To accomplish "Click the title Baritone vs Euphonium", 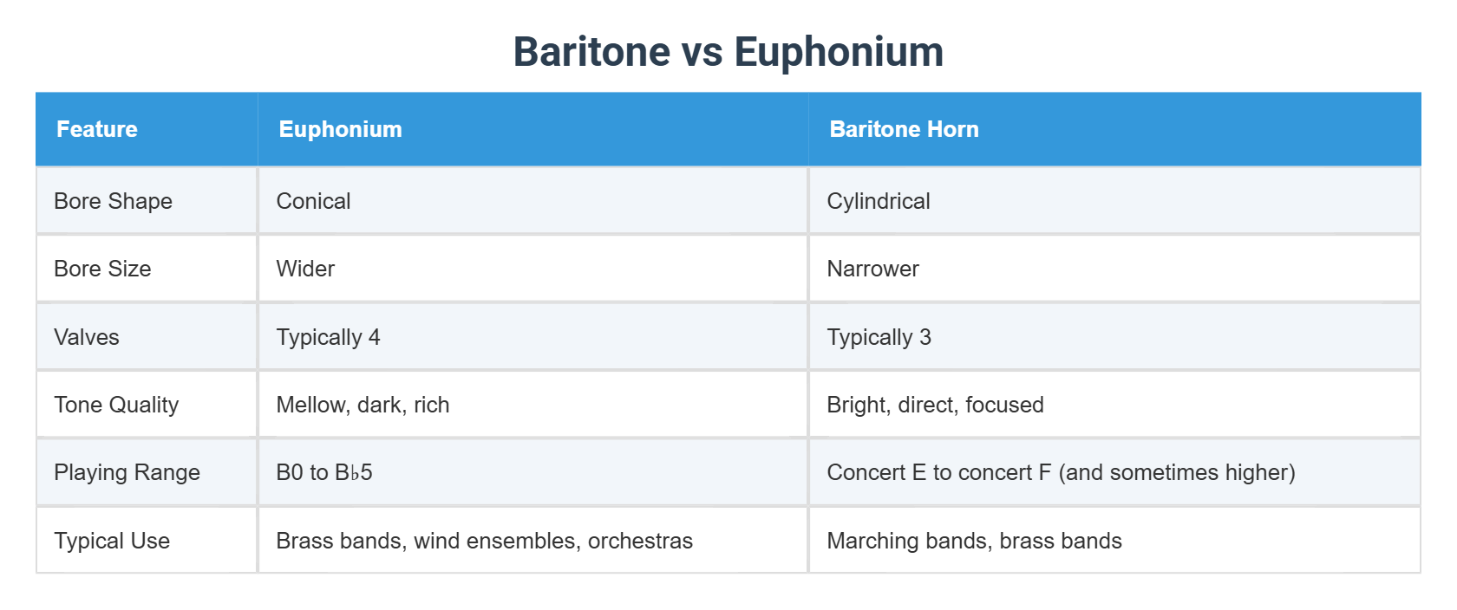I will (728, 52).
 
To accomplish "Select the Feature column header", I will (97, 129).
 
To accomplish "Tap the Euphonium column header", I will (340, 129).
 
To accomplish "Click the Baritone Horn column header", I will (904, 129).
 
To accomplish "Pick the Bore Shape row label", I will (113, 201).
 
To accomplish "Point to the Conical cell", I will (313, 201).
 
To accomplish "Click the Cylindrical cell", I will (878, 201).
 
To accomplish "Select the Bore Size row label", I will (102, 269).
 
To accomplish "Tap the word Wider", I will (305, 269).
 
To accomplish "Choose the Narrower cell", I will (872, 269).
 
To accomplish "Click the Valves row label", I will (87, 337).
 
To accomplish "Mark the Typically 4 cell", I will (328, 337).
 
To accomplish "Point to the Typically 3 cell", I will (879, 337).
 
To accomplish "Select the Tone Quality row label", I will (116, 405).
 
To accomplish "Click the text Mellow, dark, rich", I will (363, 405).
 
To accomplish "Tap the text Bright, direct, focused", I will (935, 405).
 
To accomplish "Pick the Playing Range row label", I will (127, 472).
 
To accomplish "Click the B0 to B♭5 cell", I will (323, 472).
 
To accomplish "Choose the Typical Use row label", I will (112, 541).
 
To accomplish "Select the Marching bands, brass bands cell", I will (974, 541).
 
